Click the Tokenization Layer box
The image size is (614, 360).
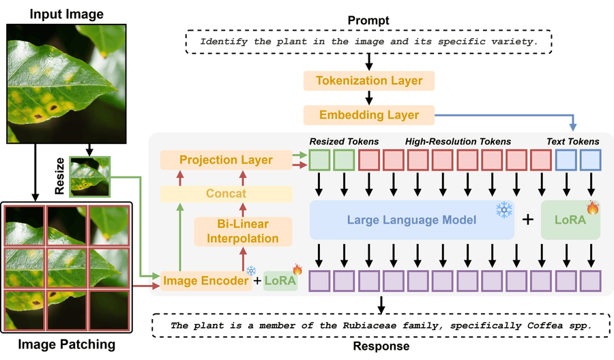pos(369,81)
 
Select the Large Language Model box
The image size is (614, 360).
pos(411,220)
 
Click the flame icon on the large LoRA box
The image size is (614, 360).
pos(592,207)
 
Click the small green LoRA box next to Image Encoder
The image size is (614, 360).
pos(280,281)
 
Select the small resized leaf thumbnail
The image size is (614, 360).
pos(89,177)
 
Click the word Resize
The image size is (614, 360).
pos(59,177)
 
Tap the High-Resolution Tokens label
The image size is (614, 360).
pos(458,141)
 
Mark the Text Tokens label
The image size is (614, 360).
pos(573,141)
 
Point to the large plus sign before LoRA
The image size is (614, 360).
pos(528,220)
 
